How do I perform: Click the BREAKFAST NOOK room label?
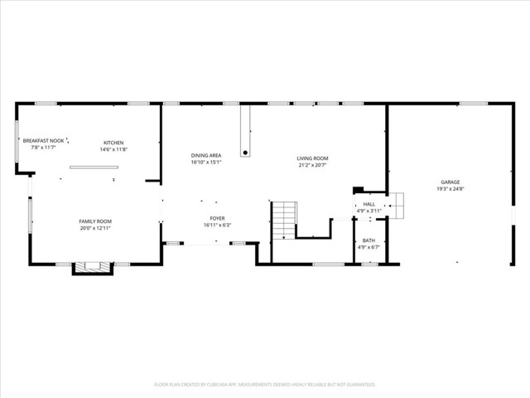[44, 141]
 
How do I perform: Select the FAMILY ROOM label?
[95, 221]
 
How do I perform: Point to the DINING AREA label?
[205, 155]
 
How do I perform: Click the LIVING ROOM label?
[313, 158]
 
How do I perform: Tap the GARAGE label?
[450, 182]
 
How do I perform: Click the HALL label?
[369, 204]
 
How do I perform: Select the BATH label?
[369, 240]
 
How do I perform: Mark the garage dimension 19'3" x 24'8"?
[450, 189]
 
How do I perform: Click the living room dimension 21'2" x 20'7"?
[313, 165]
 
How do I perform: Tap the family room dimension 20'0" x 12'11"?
[95, 228]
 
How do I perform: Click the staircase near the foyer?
[284, 220]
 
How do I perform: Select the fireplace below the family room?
[93, 268]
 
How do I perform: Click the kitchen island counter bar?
[94, 167]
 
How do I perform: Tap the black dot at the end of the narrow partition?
[245, 153]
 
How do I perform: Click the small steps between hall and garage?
[396, 204]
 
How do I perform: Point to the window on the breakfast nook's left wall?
[17, 143]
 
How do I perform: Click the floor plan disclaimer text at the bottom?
[265, 385]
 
